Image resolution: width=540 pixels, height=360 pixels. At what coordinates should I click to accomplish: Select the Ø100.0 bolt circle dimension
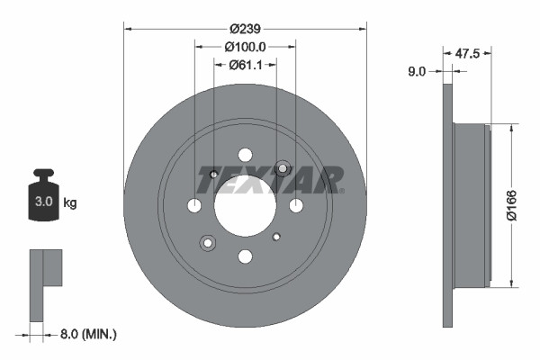pos(245,46)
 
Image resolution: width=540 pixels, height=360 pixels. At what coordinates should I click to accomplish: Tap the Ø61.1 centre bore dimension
pos(246,64)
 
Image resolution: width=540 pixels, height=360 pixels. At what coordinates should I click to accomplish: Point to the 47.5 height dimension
pos(466,53)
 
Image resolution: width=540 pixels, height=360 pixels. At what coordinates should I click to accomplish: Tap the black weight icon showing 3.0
pos(43,195)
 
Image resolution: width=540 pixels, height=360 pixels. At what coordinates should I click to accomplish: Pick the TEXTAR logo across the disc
pos(270,179)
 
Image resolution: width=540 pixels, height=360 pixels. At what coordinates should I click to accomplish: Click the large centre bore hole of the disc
pos(245,205)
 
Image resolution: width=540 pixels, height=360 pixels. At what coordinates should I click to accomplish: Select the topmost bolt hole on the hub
pos(246,155)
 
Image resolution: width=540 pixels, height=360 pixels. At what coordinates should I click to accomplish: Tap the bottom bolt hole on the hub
pos(246,256)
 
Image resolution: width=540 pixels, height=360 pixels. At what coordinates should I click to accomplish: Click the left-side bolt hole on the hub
pos(194,206)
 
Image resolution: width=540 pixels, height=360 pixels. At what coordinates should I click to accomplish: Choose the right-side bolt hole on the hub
pos(296,206)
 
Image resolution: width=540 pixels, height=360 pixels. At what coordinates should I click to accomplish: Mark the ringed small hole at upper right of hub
pos(283,168)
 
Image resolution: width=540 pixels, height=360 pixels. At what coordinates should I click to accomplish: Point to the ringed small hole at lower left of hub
pos(209,242)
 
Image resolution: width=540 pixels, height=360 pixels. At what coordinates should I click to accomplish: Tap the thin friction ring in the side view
pos(446,205)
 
